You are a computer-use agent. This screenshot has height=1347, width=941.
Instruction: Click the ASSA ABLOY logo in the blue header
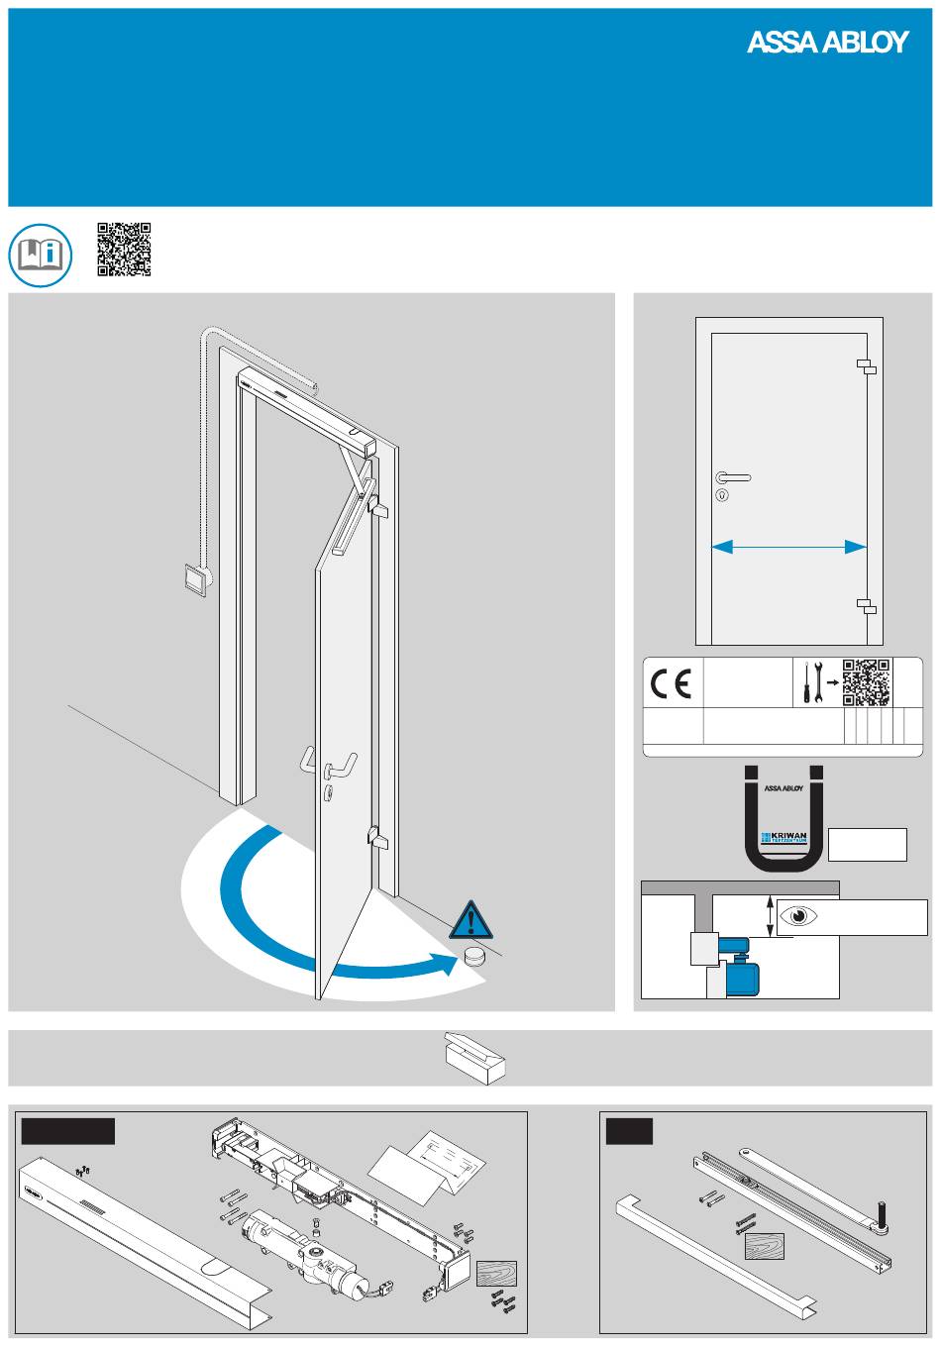coord(827,42)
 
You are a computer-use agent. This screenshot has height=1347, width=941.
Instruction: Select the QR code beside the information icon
coord(124,249)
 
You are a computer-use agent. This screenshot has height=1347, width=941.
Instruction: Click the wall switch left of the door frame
coord(196,578)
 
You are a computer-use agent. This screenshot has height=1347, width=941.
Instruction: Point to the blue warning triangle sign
coord(471,921)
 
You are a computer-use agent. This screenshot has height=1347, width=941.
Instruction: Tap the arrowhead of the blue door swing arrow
coord(451,962)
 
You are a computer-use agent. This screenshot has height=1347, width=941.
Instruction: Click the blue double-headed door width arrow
coord(789,546)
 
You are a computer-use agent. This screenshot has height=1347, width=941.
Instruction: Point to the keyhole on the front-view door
coord(720,494)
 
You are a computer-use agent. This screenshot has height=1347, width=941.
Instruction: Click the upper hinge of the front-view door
coord(866,366)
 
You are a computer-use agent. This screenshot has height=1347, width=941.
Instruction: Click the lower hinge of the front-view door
coord(866,605)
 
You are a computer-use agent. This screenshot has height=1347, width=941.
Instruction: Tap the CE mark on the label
coord(672,684)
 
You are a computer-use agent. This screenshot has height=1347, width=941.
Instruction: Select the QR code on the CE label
coord(867,682)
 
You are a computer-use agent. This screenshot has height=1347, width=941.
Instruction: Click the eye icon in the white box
coord(798,916)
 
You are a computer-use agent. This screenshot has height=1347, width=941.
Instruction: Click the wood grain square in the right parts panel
coord(765,1246)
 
